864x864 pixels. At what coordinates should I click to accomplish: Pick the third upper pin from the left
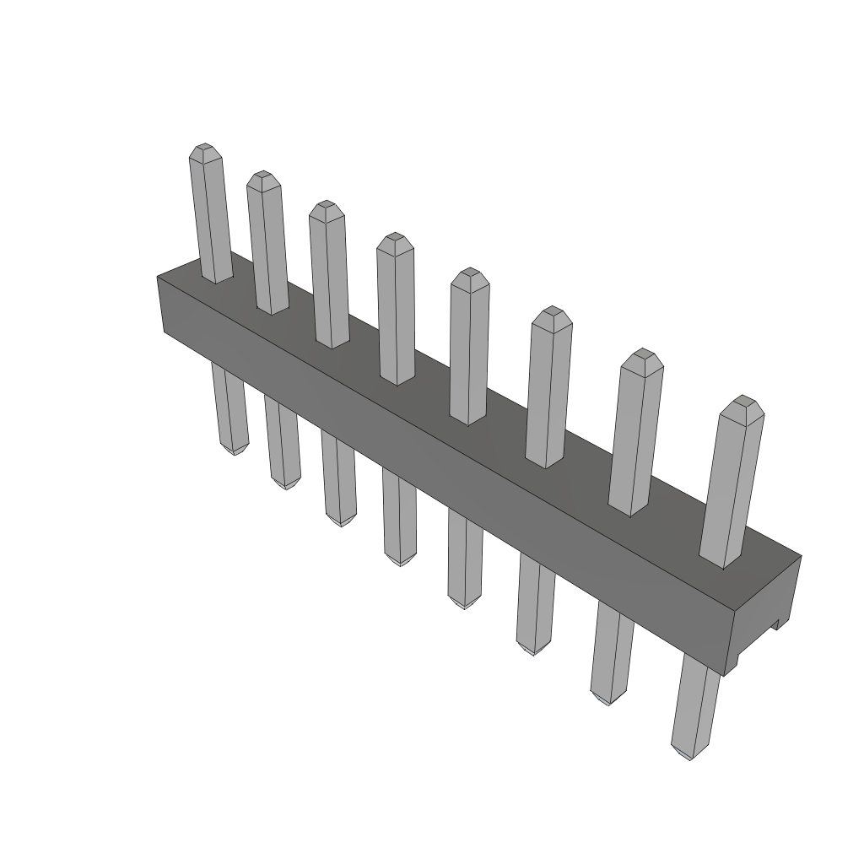(328, 274)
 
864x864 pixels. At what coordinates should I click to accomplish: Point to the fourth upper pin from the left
(396, 308)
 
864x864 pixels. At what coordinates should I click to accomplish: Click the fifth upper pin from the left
(469, 346)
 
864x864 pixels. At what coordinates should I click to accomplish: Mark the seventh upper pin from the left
(637, 430)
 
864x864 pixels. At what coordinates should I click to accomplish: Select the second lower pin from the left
(283, 443)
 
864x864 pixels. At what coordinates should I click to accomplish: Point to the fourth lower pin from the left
(400, 516)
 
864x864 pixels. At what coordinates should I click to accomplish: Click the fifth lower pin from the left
(465, 559)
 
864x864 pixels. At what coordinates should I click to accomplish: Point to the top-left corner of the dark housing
(159, 278)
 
